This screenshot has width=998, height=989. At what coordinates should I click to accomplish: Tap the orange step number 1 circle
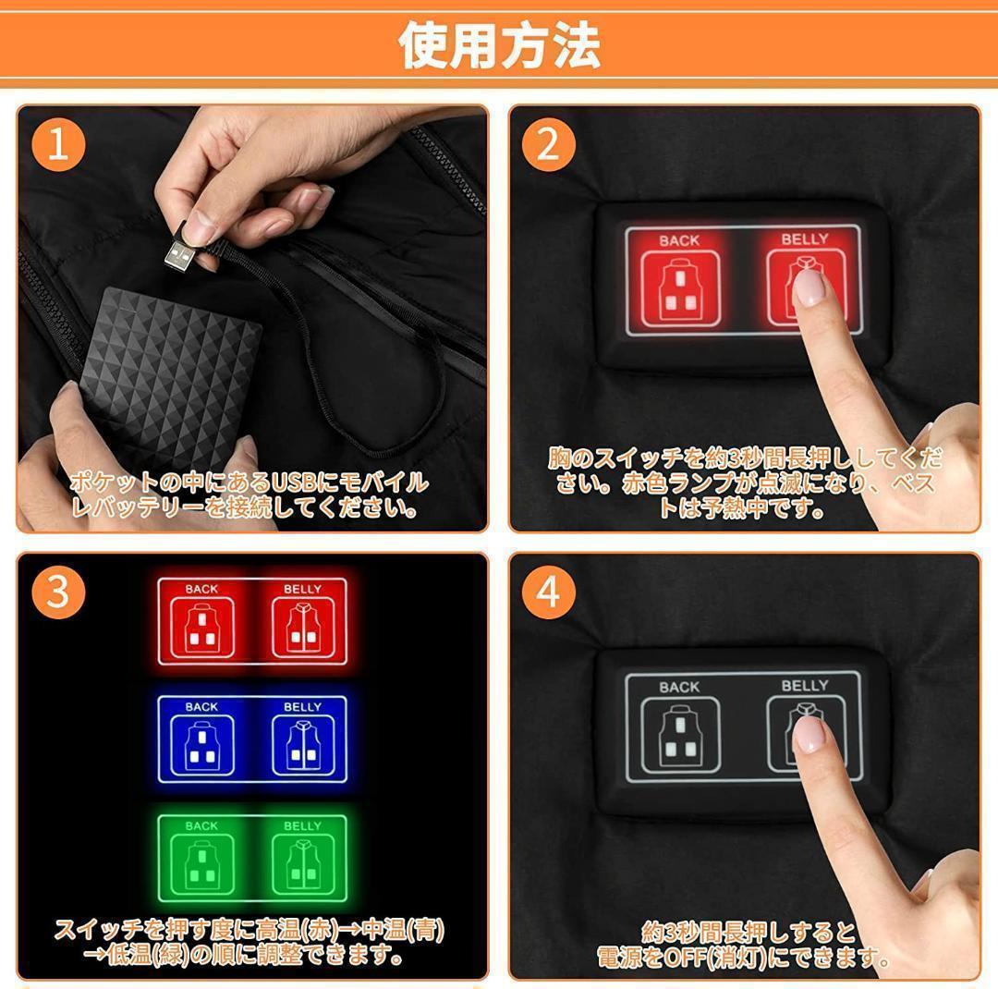pyautogui.click(x=58, y=144)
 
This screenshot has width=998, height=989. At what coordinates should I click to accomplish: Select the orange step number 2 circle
pyautogui.click(x=548, y=144)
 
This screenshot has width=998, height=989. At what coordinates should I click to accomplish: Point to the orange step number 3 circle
pyautogui.click(x=58, y=592)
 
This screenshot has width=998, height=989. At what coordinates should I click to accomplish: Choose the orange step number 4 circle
pyautogui.click(x=548, y=592)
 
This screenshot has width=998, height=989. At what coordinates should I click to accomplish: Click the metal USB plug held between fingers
pyautogui.click(x=180, y=257)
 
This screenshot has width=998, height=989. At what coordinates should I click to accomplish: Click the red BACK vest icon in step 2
pyautogui.click(x=680, y=289)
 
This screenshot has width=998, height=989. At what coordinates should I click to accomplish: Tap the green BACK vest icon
pyautogui.click(x=202, y=865)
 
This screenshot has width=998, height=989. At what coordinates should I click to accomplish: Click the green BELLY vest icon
pyautogui.click(x=303, y=865)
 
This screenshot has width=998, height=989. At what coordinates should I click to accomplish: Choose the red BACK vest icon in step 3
pyautogui.click(x=202, y=629)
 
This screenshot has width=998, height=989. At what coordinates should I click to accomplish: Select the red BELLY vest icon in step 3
pyautogui.click(x=303, y=629)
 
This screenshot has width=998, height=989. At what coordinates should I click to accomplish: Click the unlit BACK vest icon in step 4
pyautogui.click(x=680, y=736)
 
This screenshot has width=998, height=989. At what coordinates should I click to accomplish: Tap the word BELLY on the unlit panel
pyautogui.click(x=805, y=686)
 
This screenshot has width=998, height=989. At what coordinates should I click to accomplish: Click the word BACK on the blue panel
pyautogui.click(x=201, y=707)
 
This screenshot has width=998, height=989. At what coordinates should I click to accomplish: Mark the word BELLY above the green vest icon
pyautogui.click(x=303, y=826)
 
